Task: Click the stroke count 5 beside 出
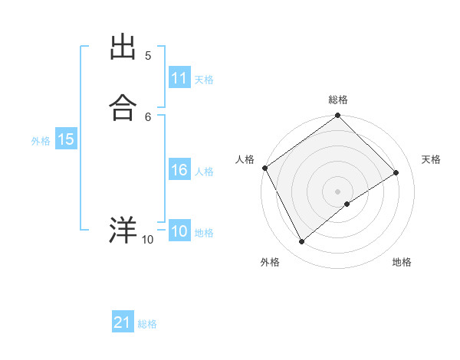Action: (148, 56)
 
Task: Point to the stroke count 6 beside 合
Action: (148, 116)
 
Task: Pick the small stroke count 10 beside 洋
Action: (147, 240)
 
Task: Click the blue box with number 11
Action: (179, 78)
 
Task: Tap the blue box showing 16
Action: (179, 171)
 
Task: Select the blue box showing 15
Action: (66, 139)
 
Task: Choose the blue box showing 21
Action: (123, 323)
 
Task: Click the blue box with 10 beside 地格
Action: (179, 231)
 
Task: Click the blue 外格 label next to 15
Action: (40, 140)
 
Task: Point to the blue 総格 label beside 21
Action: (147, 324)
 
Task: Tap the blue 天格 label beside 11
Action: (204, 79)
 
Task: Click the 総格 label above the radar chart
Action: (337, 100)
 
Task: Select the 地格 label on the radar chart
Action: (402, 262)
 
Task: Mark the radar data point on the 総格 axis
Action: (337, 116)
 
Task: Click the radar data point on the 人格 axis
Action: (264, 168)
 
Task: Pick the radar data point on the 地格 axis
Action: (347, 204)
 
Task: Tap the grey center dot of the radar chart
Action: (337, 191)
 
